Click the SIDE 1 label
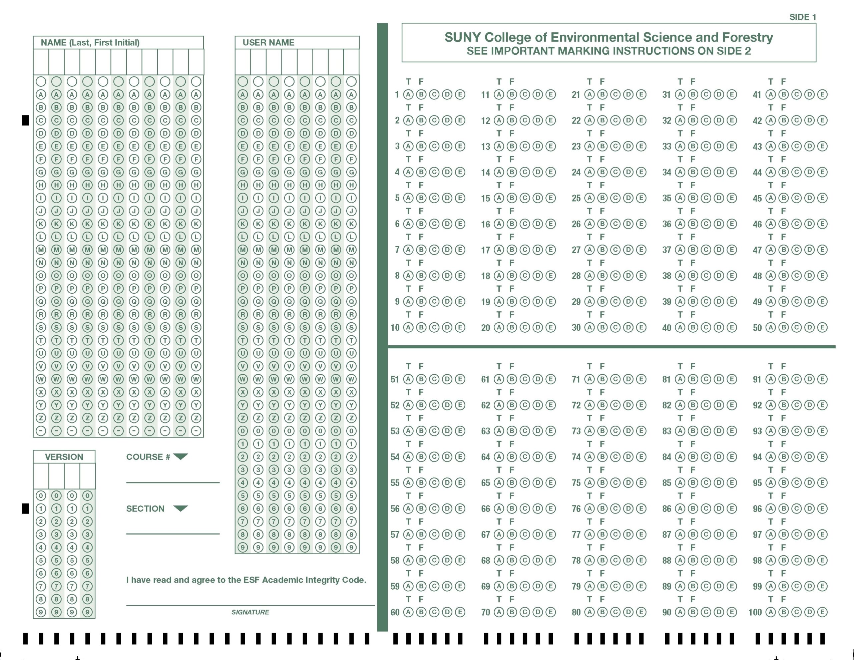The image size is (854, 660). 802,17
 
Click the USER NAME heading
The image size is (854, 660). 268,43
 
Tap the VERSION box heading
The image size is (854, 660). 64,457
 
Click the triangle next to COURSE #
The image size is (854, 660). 181,456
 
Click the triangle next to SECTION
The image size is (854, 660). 181,508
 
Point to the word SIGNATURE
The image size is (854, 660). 250,612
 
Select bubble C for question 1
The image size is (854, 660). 434,94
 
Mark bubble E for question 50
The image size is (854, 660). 822,327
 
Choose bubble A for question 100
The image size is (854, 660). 770,612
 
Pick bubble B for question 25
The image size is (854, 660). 602,198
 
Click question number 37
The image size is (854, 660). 667,250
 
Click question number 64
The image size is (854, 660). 485,457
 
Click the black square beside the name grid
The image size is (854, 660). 25,120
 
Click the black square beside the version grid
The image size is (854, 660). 25,508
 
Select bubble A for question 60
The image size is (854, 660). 408,612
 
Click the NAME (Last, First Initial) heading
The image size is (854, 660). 90,43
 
